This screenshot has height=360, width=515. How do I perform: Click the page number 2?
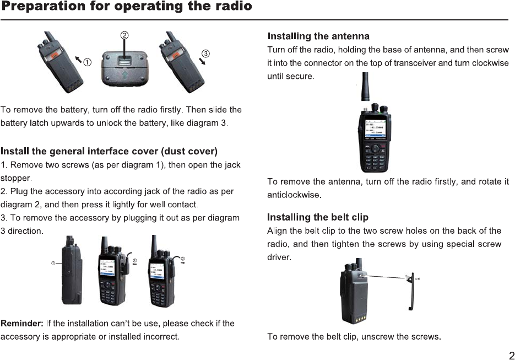511,355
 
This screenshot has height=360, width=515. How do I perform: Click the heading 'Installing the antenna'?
318,36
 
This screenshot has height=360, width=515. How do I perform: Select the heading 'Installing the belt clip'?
318,217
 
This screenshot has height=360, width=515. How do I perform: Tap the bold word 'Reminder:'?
22,323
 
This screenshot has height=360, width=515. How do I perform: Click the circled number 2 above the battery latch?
125,34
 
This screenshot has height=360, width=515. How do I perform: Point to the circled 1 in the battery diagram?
87,62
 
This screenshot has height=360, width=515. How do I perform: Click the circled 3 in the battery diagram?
205,53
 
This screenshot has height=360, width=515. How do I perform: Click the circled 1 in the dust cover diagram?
53,264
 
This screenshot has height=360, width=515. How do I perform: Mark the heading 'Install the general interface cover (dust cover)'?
109,151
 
